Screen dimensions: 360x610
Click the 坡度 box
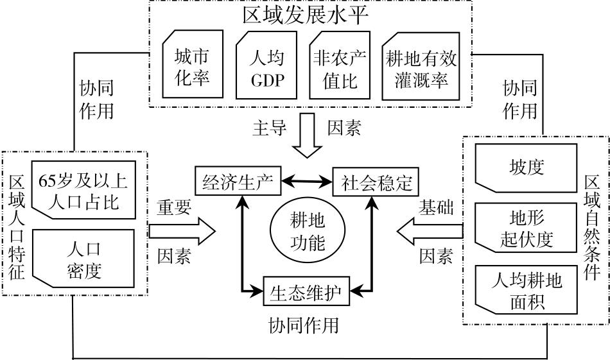pos(527,167)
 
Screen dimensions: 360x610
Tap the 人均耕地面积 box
pos(527,290)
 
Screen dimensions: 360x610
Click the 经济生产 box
pos(238,182)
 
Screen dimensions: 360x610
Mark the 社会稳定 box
pos(376,182)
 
